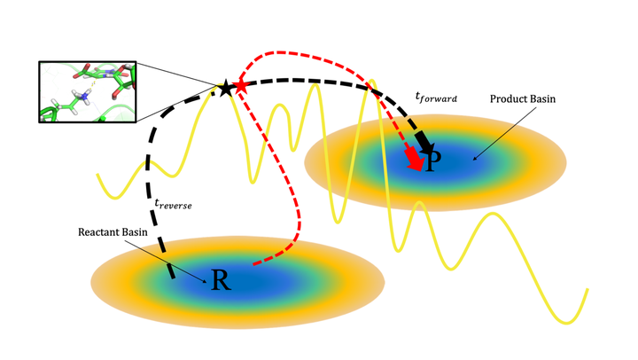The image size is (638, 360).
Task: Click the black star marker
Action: pyautogui.click(x=226, y=87)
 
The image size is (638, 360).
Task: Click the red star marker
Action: pyautogui.click(x=240, y=87)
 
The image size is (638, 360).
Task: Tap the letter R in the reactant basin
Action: pyautogui.click(x=221, y=280)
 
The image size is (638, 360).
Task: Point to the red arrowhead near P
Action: pyautogui.click(x=414, y=160)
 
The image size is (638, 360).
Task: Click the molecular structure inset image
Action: pyautogui.click(x=86, y=90)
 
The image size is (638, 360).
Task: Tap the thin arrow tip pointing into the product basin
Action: pyautogui.click(x=474, y=160)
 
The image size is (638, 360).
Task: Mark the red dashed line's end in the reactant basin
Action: pyautogui.click(x=255, y=263)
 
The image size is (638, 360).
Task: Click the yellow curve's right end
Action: pyautogui.click(x=587, y=290)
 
